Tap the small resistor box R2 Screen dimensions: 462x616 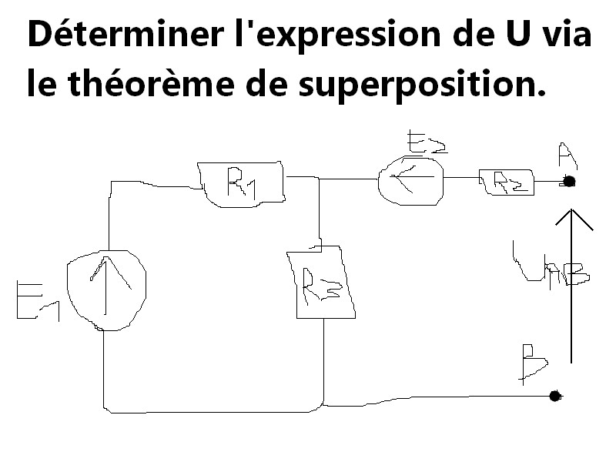pyautogui.click(x=505, y=182)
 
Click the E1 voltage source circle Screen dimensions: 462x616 pyautogui.click(x=106, y=290)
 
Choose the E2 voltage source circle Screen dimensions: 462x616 pyautogui.click(x=410, y=180)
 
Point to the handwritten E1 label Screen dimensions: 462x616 pyautogui.click(x=35, y=301)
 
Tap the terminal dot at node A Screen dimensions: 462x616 pyautogui.click(x=569, y=182)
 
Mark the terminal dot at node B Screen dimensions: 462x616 pyautogui.click(x=554, y=396)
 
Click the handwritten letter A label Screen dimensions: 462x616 pyautogui.click(x=567, y=156)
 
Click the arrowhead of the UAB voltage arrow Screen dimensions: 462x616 pyautogui.click(x=571, y=218)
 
